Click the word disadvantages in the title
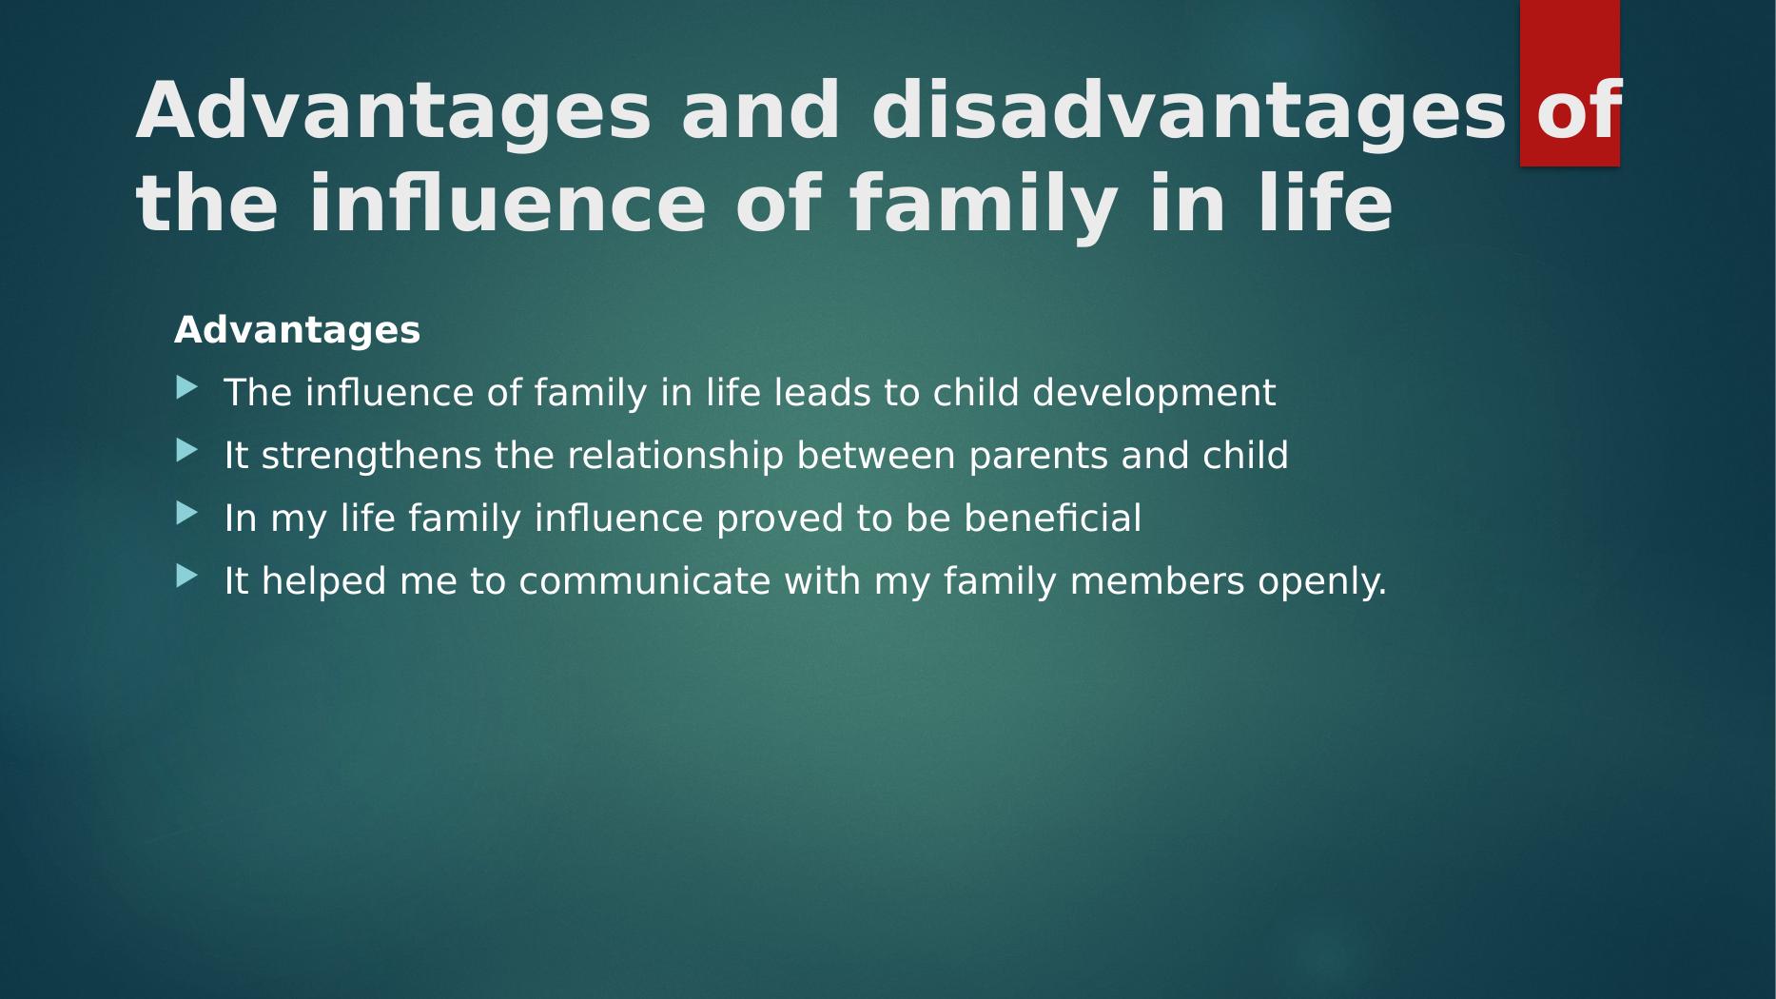(x=1189, y=112)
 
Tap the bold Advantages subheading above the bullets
(x=297, y=331)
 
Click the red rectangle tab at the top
(x=1570, y=83)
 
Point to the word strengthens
(x=372, y=457)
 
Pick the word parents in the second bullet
(x=1039, y=457)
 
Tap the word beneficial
(x=1052, y=519)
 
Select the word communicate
(x=645, y=581)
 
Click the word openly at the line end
(x=1322, y=582)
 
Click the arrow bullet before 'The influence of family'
(x=187, y=387)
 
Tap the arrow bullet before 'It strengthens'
(x=187, y=450)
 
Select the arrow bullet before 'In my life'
(x=187, y=513)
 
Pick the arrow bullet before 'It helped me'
(x=187, y=576)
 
